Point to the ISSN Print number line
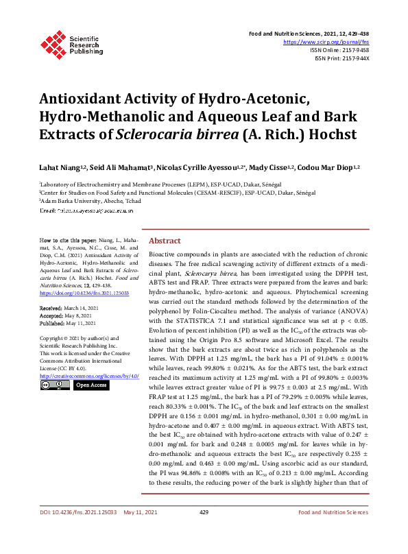click(x=342, y=58)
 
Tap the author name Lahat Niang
click(x=60, y=167)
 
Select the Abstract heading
click(x=165, y=241)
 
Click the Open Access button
click(x=91, y=385)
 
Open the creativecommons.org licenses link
click(x=89, y=376)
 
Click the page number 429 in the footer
click(x=204, y=531)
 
